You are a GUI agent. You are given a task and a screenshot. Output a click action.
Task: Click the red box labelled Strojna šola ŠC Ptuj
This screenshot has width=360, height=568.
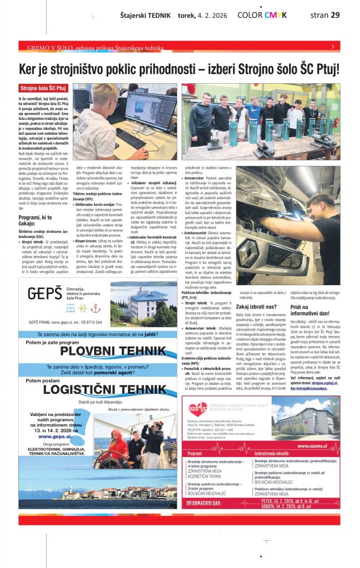click(43, 88)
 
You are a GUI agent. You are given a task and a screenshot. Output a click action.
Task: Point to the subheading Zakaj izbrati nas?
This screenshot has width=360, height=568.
click(257, 306)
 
